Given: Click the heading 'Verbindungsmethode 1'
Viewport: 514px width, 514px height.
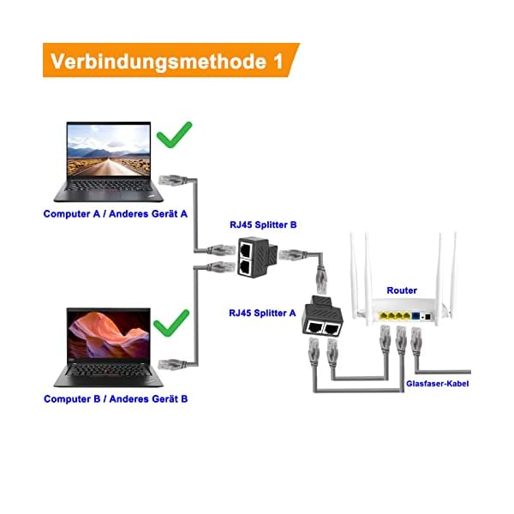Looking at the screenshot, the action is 167,61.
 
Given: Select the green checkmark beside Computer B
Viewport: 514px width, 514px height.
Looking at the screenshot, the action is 176,322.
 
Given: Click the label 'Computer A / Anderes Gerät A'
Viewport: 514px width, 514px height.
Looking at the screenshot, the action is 115,213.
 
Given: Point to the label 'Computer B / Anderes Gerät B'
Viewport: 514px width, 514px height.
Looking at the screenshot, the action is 116,399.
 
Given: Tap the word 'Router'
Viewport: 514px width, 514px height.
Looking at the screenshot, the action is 402,291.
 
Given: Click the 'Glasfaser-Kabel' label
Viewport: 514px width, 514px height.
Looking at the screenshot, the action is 438,384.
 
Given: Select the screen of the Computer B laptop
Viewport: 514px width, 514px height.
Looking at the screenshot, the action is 108,334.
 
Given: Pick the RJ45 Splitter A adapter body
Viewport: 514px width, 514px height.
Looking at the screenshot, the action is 320,321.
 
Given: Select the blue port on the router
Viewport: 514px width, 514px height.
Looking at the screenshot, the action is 416,317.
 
